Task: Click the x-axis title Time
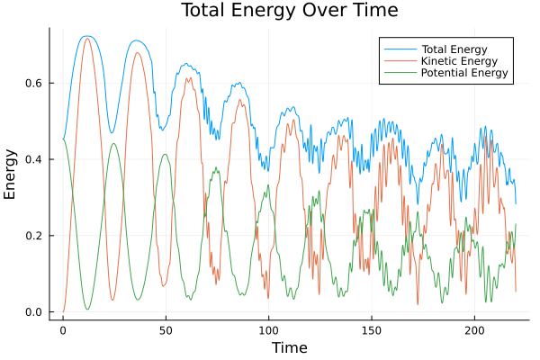click(x=289, y=347)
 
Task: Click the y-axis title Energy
click(x=12, y=174)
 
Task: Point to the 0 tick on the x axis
click(x=63, y=329)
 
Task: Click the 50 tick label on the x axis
click(x=166, y=329)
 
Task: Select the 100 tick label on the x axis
click(x=268, y=329)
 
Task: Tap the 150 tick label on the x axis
click(x=371, y=329)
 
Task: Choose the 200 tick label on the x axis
click(x=473, y=329)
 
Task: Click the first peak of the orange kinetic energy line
click(x=87, y=38)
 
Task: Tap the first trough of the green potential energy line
click(x=87, y=310)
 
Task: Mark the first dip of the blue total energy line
click(x=112, y=133)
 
